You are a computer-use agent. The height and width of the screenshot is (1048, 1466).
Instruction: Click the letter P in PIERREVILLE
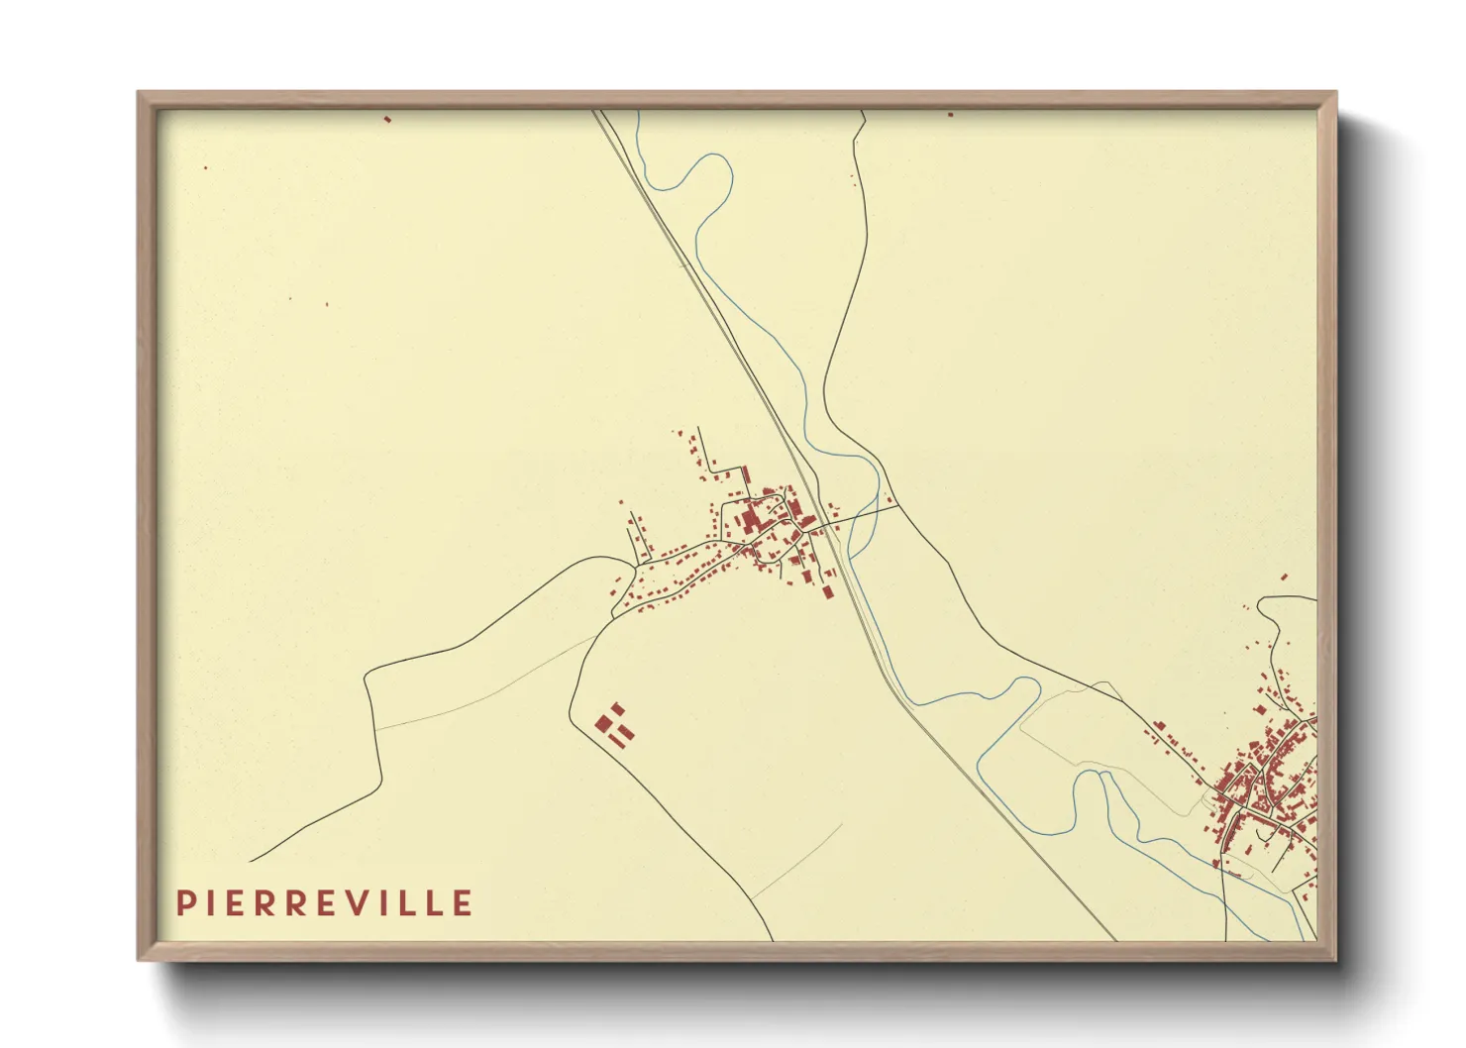pos(184,902)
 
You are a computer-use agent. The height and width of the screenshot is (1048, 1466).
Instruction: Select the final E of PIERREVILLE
pos(463,902)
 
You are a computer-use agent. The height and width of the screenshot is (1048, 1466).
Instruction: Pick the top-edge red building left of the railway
pos(387,119)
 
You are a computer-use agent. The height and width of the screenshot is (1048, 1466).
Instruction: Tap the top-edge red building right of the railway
pos(950,115)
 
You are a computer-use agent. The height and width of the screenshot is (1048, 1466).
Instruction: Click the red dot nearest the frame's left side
pos(205,167)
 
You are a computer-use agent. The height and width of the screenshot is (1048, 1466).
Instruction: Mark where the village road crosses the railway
pos(820,523)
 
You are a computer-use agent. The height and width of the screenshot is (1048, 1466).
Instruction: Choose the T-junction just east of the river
pos(898,508)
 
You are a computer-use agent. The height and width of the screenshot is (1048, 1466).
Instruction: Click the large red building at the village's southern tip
pos(828,590)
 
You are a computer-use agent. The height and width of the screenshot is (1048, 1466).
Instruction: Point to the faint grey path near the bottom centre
pos(797,862)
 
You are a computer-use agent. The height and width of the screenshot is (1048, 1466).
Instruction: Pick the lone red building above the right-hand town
pos(1284,576)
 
